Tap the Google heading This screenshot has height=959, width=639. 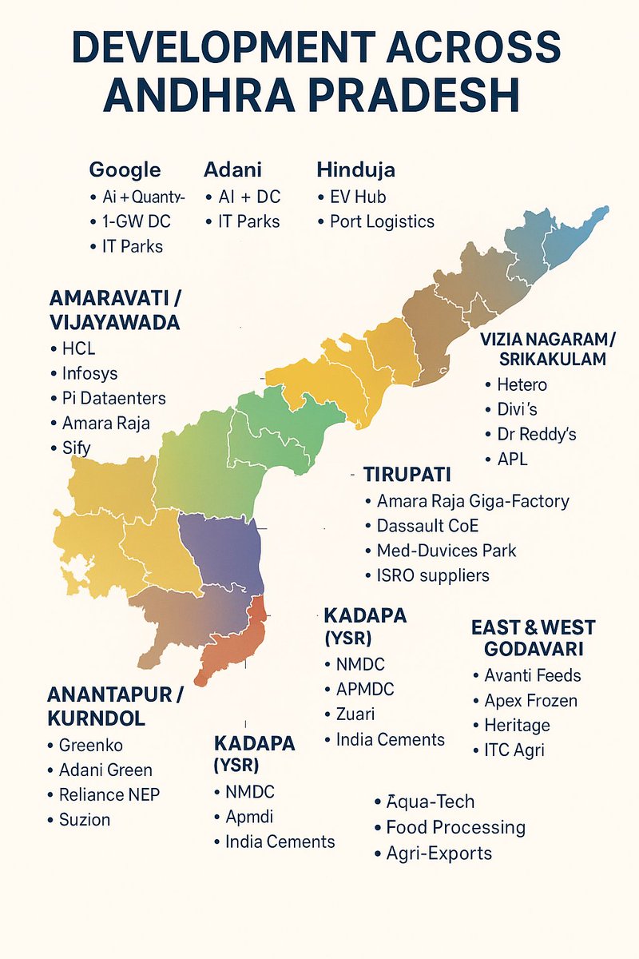[125, 170]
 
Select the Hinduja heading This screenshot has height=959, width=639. [355, 170]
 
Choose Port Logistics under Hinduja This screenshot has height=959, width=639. [382, 221]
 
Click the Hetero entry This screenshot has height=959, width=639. [522, 384]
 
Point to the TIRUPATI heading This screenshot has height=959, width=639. [408, 473]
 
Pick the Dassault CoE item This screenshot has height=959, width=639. [427, 526]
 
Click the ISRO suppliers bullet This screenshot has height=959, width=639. [433, 575]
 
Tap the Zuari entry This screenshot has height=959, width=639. [355, 714]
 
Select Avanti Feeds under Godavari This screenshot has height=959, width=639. [533, 675]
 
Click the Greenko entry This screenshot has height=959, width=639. [91, 745]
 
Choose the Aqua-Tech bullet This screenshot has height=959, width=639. [430, 802]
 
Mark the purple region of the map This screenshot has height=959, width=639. [220, 551]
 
